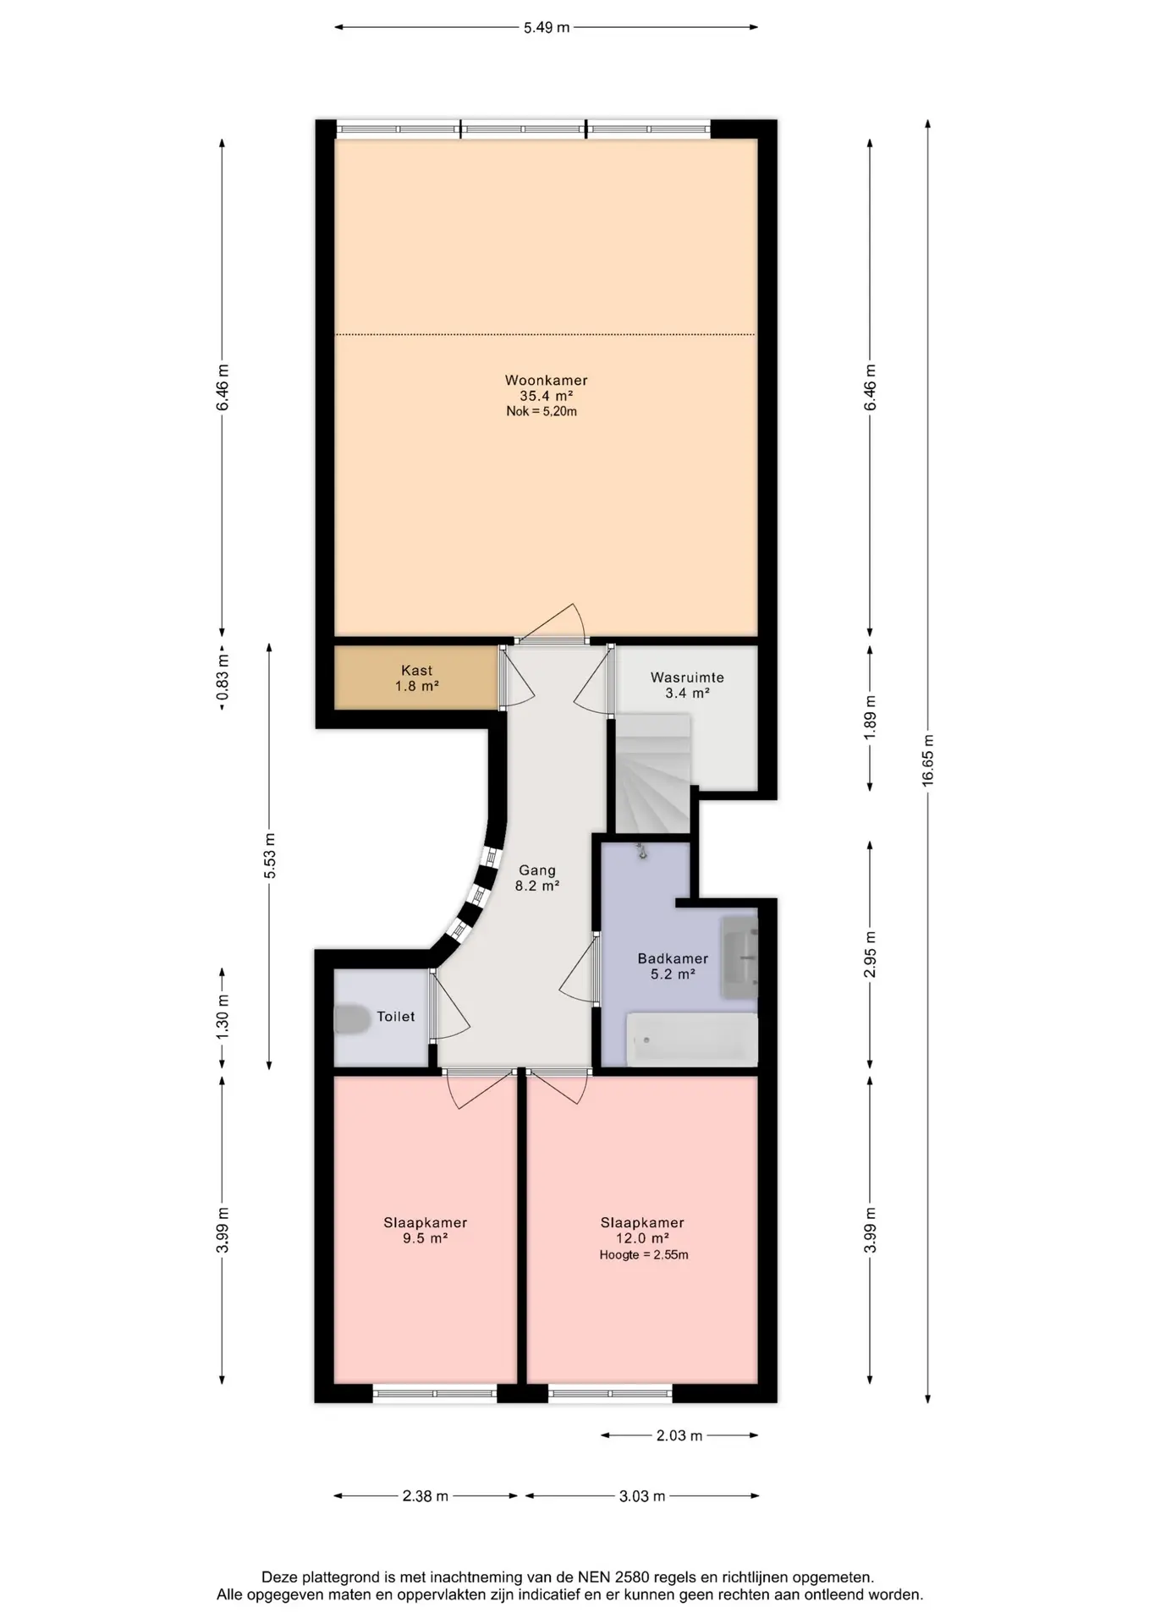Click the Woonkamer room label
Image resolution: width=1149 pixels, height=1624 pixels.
click(546, 381)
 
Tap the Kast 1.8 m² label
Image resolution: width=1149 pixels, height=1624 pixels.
click(417, 678)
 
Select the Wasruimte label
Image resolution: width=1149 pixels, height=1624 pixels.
click(687, 678)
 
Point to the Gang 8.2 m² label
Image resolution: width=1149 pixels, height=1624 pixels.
click(537, 878)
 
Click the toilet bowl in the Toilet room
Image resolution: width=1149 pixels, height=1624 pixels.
click(352, 1018)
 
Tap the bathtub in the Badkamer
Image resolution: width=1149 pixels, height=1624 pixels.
click(692, 1040)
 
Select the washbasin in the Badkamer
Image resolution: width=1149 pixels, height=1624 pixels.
click(739, 957)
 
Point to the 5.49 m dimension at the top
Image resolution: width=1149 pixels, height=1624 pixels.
click(547, 27)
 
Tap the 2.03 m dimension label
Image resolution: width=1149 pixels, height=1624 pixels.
click(679, 1435)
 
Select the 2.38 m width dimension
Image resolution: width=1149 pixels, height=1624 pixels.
click(426, 1495)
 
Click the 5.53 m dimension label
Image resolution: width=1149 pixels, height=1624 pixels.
click(270, 856)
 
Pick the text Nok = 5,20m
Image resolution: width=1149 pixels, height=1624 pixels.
click(542, 412)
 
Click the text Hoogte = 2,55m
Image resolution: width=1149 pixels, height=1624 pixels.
click(644, 1255)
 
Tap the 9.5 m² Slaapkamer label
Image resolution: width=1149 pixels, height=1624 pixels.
click(426, 1231)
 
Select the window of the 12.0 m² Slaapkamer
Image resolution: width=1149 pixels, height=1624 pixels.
click(610, 1392)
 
